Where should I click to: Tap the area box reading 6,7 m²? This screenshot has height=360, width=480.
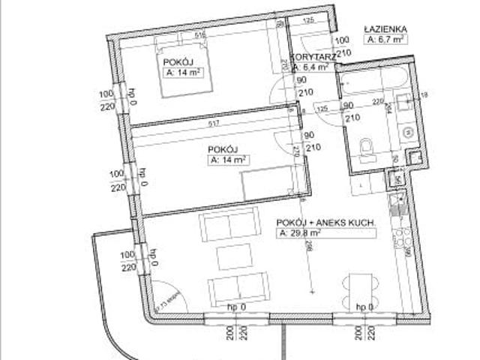tap(386, 40)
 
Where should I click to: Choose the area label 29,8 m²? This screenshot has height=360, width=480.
tap(300, 234)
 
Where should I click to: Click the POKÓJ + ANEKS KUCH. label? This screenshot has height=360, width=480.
tap(325, 223)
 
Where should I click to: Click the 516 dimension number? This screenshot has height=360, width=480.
tap(199, 34)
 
